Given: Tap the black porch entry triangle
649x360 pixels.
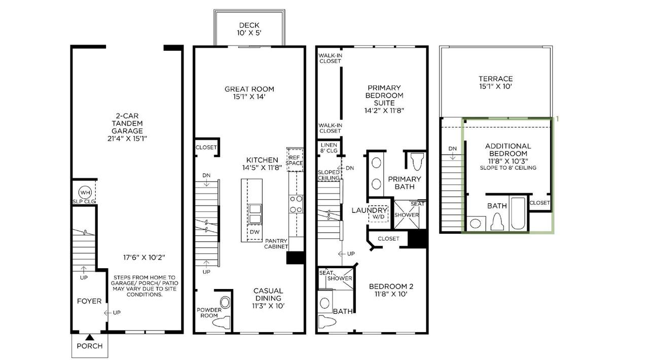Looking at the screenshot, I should pyautogui.click(x=90, y=337).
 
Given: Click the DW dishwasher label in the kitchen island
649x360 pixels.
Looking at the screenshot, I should pyautogui.click(x=254, y=232).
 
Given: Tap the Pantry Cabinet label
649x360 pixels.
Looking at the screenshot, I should pyautogui.click(x=276, y=243).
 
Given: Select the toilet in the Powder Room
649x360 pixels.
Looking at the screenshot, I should pyautogui.click(x=222, y=321).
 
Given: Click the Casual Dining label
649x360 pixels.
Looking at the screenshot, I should pyautogui.click(x=268, y=295).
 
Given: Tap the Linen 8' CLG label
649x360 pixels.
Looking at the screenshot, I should pyautogui.click(x=329, y=147).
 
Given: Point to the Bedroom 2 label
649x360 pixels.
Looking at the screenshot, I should pyautogui.click(x=390, y=289).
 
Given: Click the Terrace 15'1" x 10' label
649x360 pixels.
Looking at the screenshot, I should pyautogui.click(x=495, y=82).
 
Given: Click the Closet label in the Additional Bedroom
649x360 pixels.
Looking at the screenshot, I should pyautogui.click(x=539, y=203).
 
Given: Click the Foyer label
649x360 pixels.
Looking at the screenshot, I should pyautogui.click(x=89, y=301).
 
